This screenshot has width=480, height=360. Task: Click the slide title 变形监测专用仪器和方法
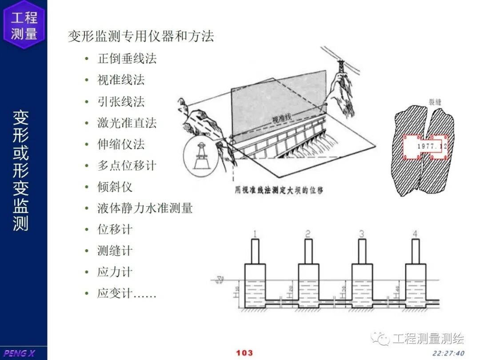pos(141,36)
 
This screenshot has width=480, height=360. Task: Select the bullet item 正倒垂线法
pos(127,59)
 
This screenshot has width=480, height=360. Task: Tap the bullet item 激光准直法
pos(127,123)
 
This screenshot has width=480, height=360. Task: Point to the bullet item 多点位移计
pos(127,165)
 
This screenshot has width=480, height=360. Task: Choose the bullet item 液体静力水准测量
pos(144,208)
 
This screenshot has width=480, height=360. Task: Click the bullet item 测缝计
pos(115,251)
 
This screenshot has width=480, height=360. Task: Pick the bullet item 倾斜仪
pos(115,187)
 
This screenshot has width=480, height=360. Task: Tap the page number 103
pos(244,353)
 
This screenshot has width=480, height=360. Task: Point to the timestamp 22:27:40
pos(448,353)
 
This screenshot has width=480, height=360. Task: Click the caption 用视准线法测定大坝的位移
pos(279,190)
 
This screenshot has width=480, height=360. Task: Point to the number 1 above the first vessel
pos(255,234)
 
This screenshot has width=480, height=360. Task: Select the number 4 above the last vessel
pos(415,234)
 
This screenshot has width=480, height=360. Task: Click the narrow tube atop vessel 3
pos(362,251)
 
